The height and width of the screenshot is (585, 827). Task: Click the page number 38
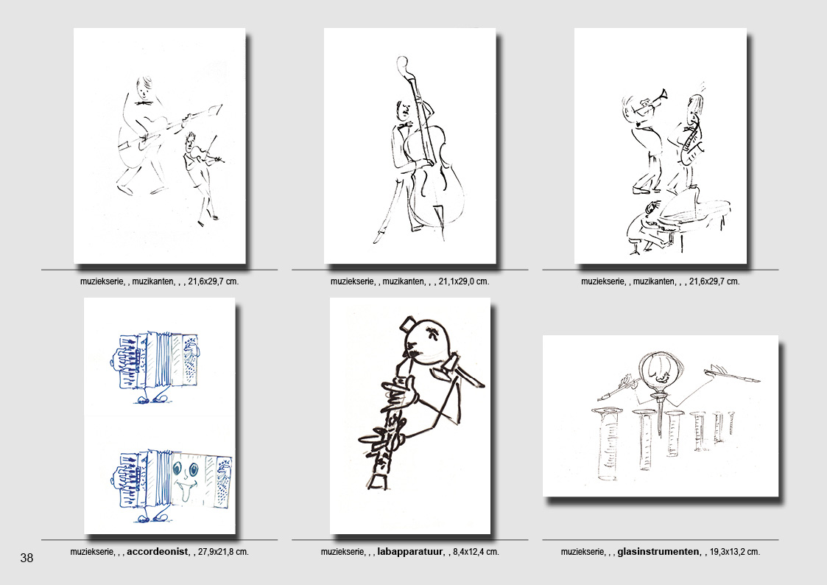(x=27, y=558)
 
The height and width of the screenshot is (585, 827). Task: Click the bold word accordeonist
(x=157, y=552)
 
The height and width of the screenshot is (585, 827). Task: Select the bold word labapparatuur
(x=409, y=552)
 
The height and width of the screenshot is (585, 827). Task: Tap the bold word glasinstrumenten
(x=658, y=552)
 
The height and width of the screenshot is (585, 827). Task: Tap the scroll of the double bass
(x=402, y=63)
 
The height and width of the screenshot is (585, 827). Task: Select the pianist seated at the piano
(x=646, y=227)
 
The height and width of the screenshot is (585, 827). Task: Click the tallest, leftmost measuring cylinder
(x=608, y=443)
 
